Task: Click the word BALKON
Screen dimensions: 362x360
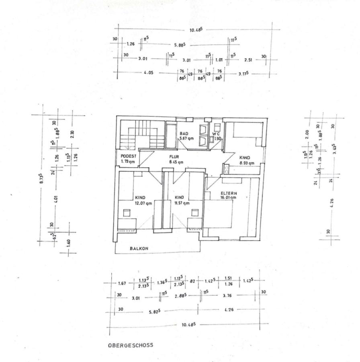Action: [x=139, y=249]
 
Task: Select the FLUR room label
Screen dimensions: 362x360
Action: [x=174, y=156]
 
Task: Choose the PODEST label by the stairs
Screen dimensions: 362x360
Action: [x=128, y=156]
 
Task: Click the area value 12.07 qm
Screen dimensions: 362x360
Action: [x=143, y=203]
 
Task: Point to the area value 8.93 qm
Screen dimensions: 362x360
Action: [x=247, y=163]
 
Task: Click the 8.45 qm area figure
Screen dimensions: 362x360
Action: [x=176, y=162]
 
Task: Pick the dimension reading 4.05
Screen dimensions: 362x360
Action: [x=148, y=73]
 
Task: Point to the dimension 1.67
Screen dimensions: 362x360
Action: [x=122, y=284]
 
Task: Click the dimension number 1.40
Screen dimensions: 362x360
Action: [x=68, y=243]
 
